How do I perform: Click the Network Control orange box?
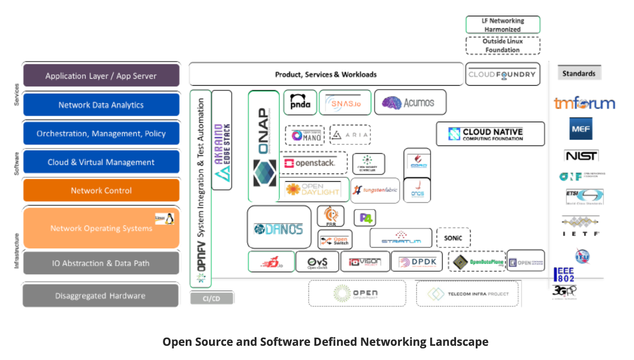click(101, 190)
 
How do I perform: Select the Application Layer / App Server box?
click(101, 75)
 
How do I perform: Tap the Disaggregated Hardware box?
click(100, 296)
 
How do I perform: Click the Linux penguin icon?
click(170, 218)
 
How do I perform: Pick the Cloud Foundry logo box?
click(502, 74)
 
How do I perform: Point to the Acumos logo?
click(410, 103)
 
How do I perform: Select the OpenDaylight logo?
click(313, 190)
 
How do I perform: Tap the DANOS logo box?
click(279, 229)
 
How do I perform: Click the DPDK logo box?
click(417, 262)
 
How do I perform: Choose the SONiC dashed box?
click(453, 238)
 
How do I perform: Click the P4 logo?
click(365, 218)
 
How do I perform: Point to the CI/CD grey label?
click(212, 299)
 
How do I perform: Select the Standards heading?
click(579, 73)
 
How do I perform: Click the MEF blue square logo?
click(581, 129)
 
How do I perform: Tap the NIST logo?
click(581, 156)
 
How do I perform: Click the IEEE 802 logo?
click(563, 275)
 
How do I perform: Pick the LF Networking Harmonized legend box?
click(502, 25)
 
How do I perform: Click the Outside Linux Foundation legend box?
click(502, 46)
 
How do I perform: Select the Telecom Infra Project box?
click(468, 294)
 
